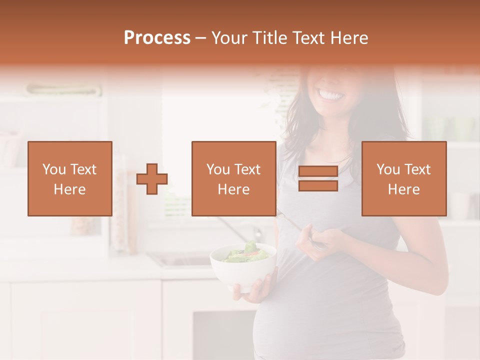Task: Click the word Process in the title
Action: [x=157, y=38]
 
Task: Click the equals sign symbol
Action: [x=318, y=178]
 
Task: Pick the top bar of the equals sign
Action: [x=318, y=171]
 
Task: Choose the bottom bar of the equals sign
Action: [x=318, y=185]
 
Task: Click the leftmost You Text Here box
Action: [x=69, y=178]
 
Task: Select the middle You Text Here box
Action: [x=233, y=178]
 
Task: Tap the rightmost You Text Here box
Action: [x=403, y=178]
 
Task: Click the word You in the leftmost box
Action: [x=53, y=169]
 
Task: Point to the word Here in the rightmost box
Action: [x=403, y=189]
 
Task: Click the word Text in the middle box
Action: [x=247, y=169]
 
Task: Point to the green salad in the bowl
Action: [x=245, y=253]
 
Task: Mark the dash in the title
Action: [x=200, y=38]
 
